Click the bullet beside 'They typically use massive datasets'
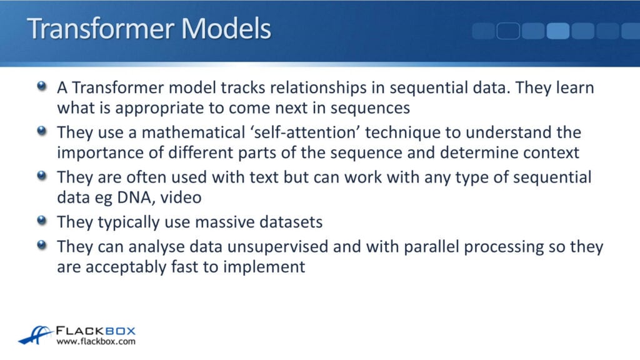click(41, 220)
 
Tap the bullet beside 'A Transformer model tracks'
click(41, 86)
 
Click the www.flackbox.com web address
click(96, 342)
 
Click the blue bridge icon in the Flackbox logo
click(35, 335)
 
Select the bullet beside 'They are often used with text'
click(41, 176)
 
